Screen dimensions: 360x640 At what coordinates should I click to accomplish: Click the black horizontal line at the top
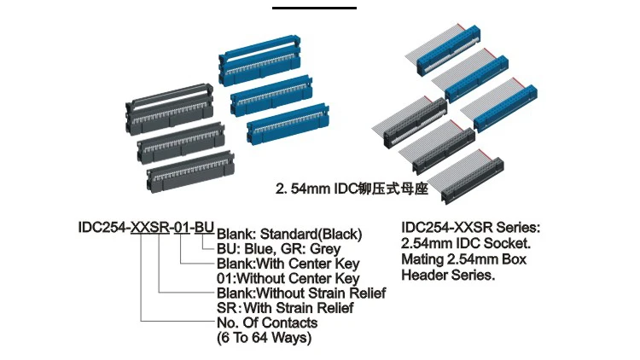(x=314, y=8)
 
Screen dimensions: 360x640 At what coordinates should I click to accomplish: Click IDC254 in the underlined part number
(x=102, y=228)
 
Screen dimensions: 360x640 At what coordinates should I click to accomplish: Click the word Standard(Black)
(x=311, y=234)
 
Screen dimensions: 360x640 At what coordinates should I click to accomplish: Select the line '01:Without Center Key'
(x=288, y=278)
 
